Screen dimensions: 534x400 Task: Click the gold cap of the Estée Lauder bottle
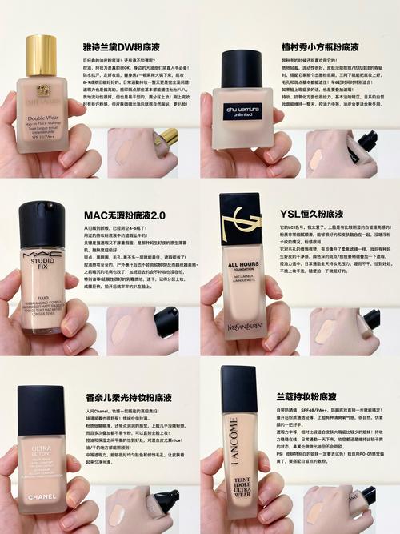coord(42,54)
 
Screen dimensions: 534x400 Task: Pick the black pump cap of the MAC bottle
coord(42,220)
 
